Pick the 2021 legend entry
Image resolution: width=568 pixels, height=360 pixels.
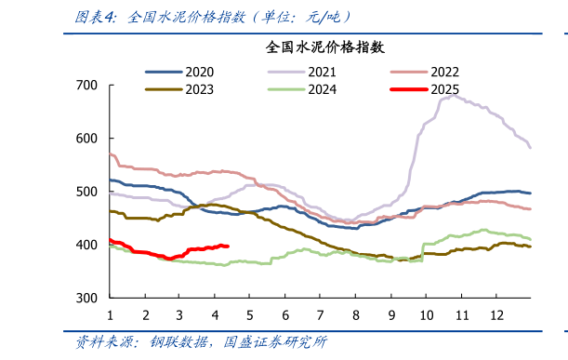[322, 72]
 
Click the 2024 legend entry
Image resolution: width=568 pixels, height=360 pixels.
[322, 89]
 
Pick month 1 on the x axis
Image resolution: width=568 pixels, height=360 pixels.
[110, 314]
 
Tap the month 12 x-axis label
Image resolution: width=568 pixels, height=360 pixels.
[496, 314]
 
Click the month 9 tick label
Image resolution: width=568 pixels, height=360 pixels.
[391, 314]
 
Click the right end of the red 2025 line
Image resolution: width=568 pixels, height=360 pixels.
[229, 247]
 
